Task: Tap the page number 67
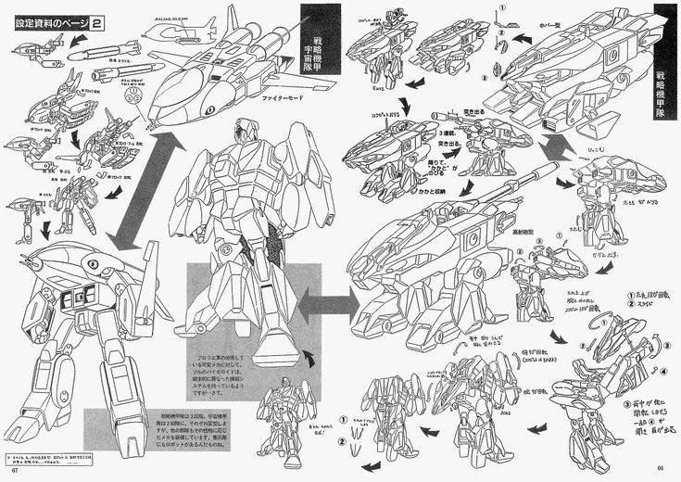[12, 476]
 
